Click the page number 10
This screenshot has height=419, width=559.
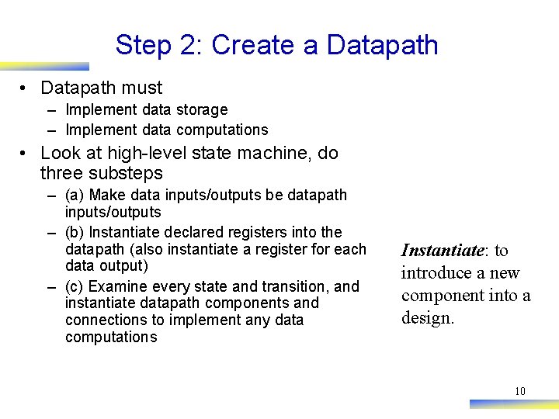[520, 391]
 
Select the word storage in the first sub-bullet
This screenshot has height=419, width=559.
[202, 110]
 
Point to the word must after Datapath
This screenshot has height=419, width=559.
[147, 88]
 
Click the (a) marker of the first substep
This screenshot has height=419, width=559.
[75, 195]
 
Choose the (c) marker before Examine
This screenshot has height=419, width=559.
[75, 286]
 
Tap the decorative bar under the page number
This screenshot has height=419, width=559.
[513, 403]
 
